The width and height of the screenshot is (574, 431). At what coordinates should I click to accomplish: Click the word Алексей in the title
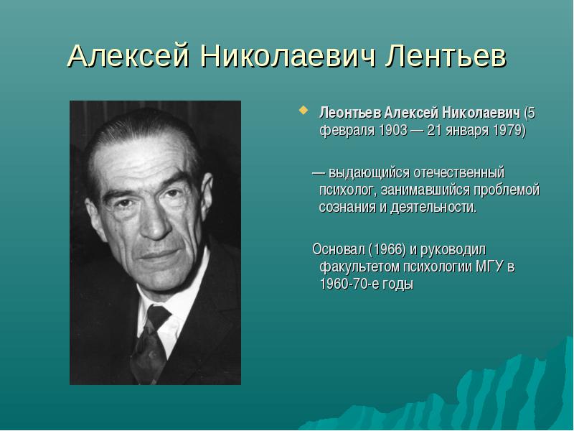129,56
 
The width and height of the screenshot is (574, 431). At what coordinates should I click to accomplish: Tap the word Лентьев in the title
446,56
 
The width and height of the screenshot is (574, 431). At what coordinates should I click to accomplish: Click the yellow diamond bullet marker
303,110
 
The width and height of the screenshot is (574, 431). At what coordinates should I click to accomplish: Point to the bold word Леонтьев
350,113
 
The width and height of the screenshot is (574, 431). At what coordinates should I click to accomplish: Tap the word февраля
347,131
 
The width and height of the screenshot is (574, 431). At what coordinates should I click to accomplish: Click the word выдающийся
369,173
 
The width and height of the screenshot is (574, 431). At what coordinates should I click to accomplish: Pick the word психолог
348,190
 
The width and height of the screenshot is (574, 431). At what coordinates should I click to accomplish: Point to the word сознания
347,208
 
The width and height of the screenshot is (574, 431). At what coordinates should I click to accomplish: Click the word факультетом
360,267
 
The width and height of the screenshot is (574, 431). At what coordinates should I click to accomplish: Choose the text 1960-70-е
350,284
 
